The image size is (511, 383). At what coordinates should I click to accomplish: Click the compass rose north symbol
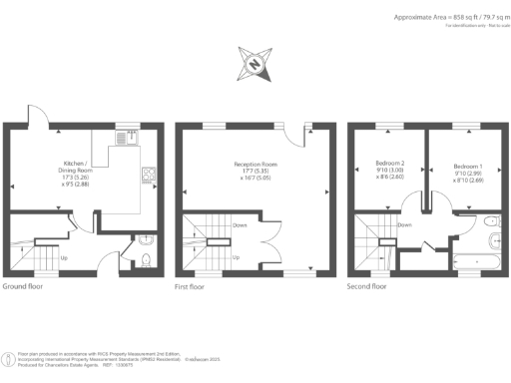(x=255, y=66)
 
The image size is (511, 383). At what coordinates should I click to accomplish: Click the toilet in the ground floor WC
(x=146, y=261)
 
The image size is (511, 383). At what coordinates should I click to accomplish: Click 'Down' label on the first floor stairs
(x=241, y=225)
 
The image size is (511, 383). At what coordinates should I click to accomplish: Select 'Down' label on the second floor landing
(x=404, y=225)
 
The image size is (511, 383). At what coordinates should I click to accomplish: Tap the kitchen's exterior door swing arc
(x=38, y=116)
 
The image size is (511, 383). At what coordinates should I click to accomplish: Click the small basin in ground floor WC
(x=145, y=239)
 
